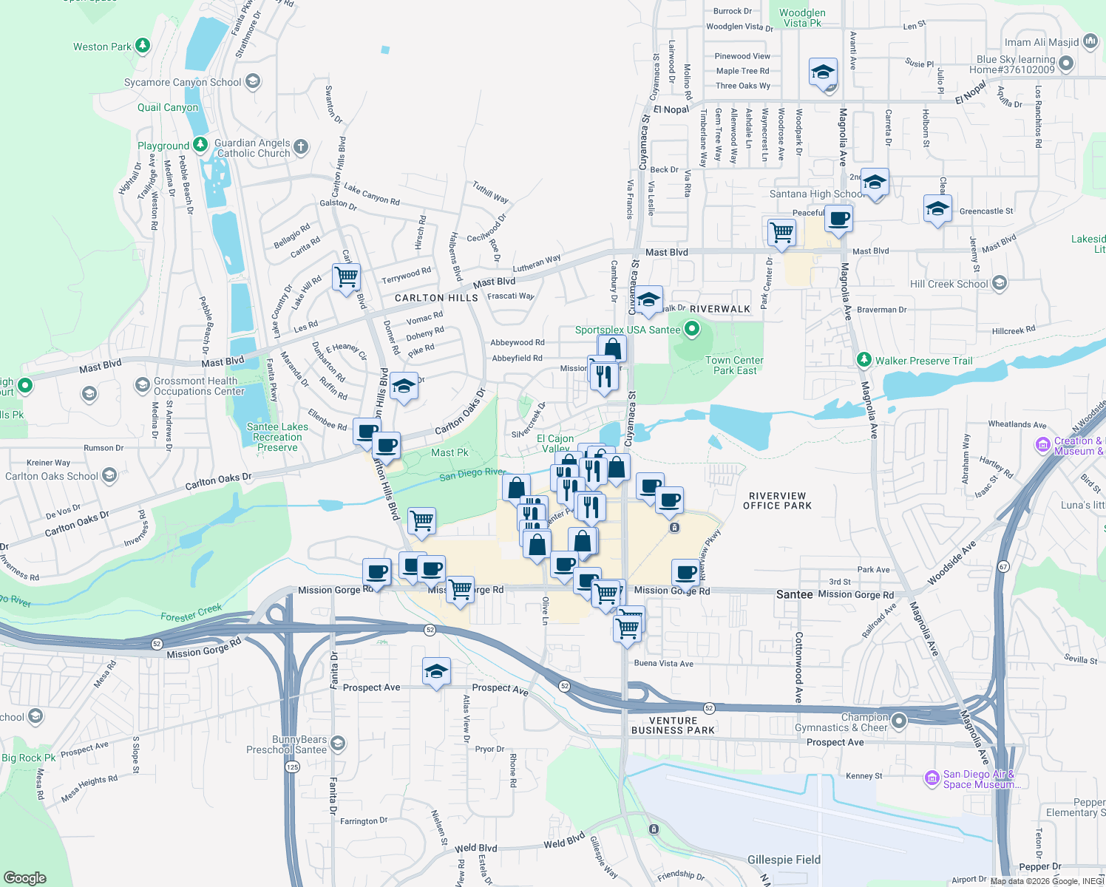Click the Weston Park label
point(102,47)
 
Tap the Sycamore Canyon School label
point(183,82)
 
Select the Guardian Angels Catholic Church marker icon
point(301,146)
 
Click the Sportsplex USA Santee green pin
point(692,329)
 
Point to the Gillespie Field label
point(784,860)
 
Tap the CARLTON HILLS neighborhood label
point(436,298)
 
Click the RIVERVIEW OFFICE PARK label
point(777,501)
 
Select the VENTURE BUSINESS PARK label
point(673,725)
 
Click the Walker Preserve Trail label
point(923,361)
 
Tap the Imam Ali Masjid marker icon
point(1090,41)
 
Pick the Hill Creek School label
point(949,284)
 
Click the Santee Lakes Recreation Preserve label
point(277,437)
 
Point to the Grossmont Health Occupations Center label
point(199,386)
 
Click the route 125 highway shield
point(293,767)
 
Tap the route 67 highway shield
point(1003,566)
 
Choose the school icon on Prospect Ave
point(436,672)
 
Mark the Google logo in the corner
point(25,878)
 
